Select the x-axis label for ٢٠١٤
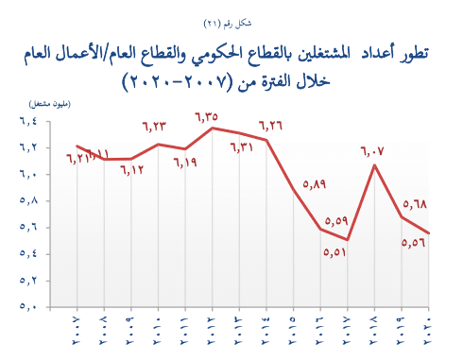(x=266, y=332)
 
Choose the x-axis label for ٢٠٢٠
(x=429, y=332)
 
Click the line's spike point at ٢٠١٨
(x=375, y=165)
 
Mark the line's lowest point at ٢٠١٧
(x=348, y=240)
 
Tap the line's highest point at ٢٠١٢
(x=213, y=128)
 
